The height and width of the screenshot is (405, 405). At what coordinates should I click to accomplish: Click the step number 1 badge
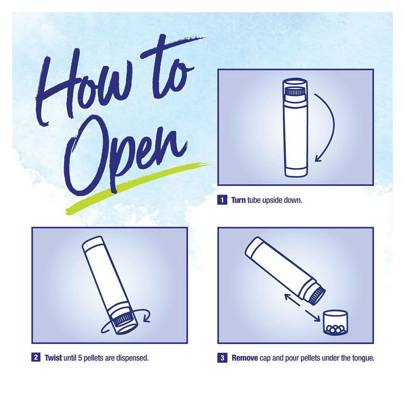[x=222, y=200]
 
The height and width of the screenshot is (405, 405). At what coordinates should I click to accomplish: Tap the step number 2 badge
[x=36, y=358]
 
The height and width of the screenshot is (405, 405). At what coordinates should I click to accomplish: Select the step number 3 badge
[x=222, y=358]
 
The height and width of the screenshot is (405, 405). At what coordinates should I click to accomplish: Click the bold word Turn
[x=238, y=200]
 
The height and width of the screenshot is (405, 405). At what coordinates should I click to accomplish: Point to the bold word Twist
[x=53, y=358]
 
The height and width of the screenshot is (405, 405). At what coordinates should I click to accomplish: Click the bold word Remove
[x=245, y=358]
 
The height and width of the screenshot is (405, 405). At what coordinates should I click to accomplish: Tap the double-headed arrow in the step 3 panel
[x=303, y=308]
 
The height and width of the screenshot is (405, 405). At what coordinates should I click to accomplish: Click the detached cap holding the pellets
[x=335, y=323]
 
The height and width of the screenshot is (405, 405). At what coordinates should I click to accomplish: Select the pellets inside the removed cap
[x=335, y=329]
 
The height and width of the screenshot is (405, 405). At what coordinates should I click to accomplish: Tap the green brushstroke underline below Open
[x=138, y=185]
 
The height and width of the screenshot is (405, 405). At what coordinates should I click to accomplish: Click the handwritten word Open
[x=124, y=155]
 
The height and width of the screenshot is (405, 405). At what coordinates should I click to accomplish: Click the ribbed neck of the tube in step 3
[x=316, y=295]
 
